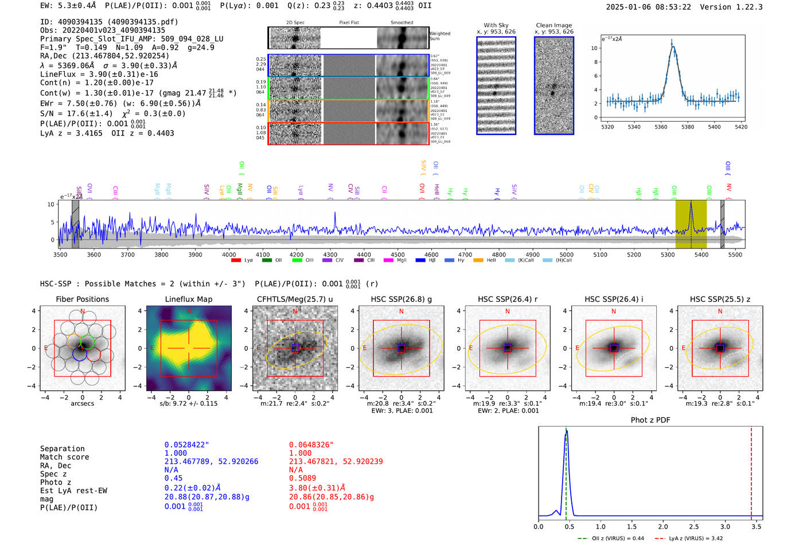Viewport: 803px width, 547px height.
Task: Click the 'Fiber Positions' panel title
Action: click(x=82, y=299)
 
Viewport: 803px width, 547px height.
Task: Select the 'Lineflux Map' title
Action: click(x=188, y=299)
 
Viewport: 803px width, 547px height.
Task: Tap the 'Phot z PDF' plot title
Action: click(x=650, y=420)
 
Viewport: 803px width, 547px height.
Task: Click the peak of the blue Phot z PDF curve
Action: click(x=566, y=432)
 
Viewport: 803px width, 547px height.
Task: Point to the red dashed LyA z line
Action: click(x=751, y=471)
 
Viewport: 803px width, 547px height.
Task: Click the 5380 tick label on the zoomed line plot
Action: click(x=687, y=127)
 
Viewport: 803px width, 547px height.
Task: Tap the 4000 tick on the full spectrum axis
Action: click(x=229, y=254)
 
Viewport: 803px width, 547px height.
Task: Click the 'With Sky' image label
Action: click(x=496, y=25)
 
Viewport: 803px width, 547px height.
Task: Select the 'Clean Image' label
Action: click(x=553, y=25)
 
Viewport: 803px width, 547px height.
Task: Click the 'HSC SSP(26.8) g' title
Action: click(x=401, y=299)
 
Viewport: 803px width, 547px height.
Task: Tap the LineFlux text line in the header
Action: click(x=99, y=74)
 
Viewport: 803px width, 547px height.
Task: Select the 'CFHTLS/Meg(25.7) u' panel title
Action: click(x=295, y=299)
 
